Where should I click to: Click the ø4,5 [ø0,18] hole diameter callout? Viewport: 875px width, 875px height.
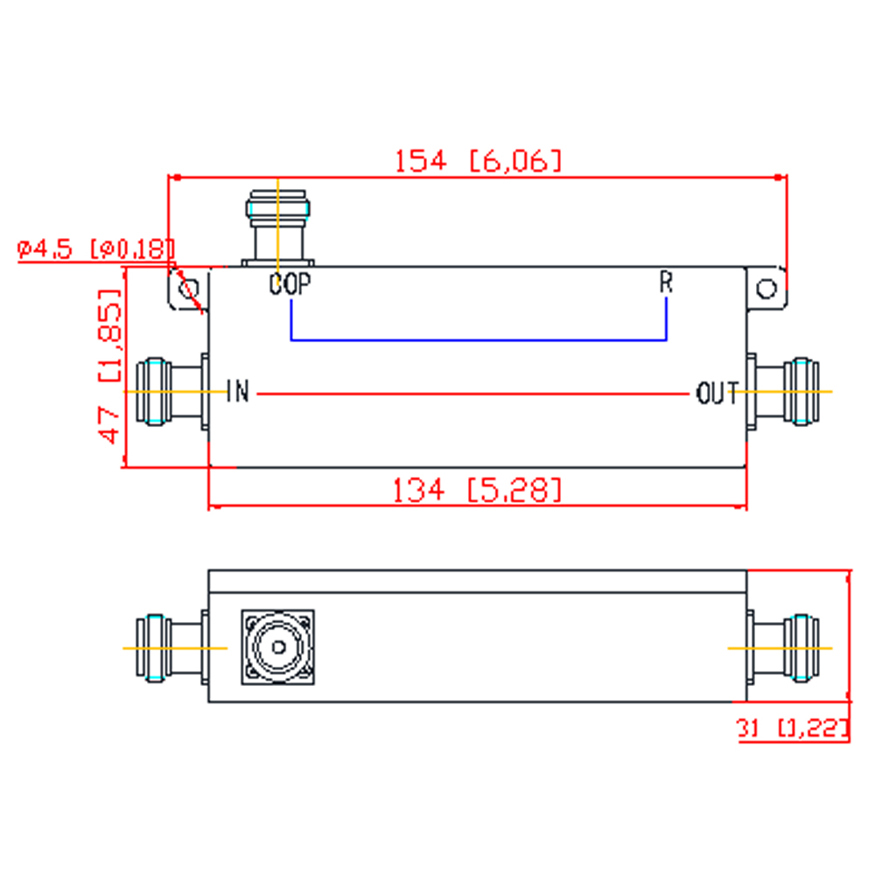pos(95,248)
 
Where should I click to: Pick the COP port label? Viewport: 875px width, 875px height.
pos(290,284)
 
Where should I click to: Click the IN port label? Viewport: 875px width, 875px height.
pos(238,391)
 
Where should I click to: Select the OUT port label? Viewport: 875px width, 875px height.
pos(717,393)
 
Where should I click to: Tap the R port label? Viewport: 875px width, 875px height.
pos(666,283)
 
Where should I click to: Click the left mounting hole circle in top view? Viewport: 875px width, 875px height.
pos(189,289)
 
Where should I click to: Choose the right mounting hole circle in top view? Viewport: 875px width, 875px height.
pos(766,289)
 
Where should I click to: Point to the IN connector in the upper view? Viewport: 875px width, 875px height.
pos(172,392)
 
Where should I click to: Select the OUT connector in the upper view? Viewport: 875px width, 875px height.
pos(783,392)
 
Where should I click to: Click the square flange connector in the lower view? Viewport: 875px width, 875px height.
pos(278,647)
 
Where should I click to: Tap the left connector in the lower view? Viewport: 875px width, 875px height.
pos(172,647)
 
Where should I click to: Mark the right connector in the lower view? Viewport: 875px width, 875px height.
pos(783,647)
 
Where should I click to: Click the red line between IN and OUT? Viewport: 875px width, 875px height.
pos(473,394)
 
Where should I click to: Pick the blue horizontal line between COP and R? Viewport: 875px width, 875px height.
pos(479,339)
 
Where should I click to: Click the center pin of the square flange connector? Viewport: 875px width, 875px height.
pos(278,647)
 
